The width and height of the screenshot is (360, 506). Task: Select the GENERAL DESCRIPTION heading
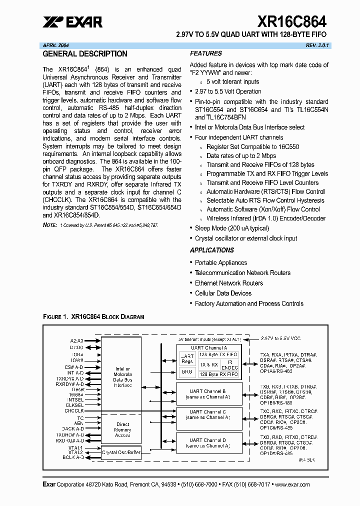point(85,54)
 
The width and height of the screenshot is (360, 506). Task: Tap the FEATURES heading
point(205,53)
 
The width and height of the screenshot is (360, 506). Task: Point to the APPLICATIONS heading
point(211,250)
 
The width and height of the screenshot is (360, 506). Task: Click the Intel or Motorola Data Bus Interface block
point(122,377)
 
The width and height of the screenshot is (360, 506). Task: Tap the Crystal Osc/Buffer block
point(121,452)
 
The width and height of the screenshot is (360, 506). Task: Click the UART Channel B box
point(209,393)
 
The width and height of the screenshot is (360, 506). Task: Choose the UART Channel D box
point(209,443)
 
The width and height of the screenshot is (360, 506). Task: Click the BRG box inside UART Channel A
point(186,372)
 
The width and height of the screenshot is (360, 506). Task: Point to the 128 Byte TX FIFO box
point(218,354)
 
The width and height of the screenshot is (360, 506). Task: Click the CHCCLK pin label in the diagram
point(74,411)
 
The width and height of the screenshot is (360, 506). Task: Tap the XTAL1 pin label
point(76,447)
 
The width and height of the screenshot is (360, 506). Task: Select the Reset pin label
point(78,389)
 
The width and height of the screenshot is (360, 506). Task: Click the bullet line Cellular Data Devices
point(223,293)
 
